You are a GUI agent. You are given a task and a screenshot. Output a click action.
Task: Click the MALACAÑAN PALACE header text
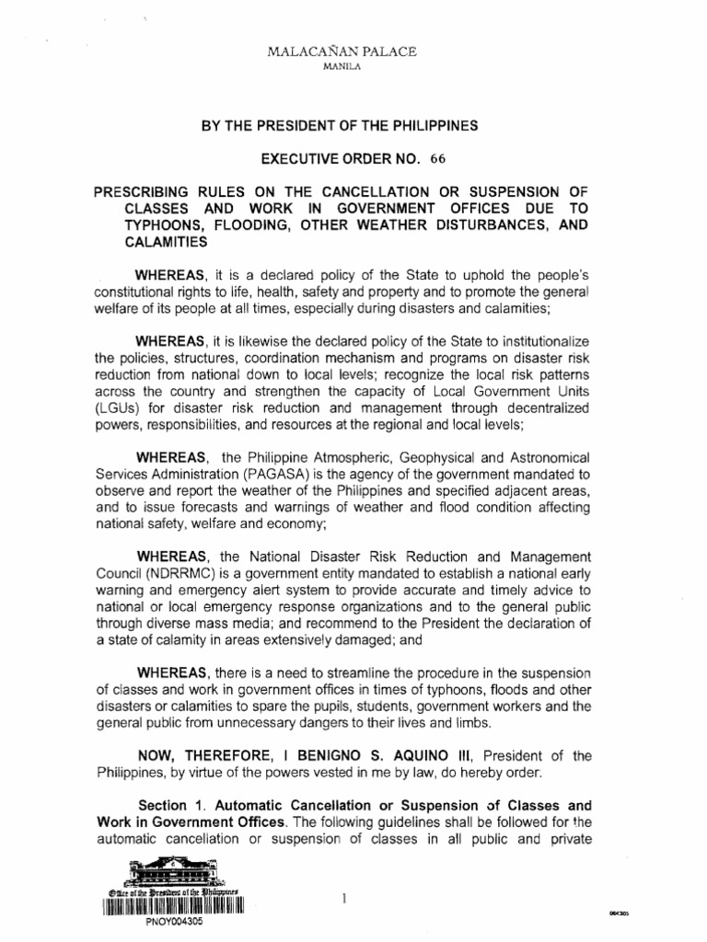353,52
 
